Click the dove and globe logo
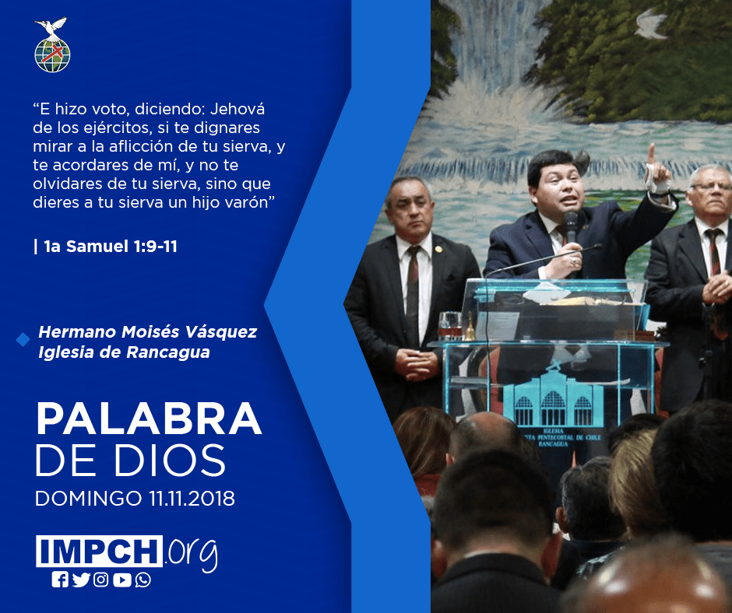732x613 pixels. tap(52, 45)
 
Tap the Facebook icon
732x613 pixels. tap(60, 580)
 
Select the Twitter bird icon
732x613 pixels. tap(81, 580)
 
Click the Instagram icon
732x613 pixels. tap(100, 580)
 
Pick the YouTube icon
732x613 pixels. tap(121, 580)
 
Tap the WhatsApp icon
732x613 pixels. tap(143, 580)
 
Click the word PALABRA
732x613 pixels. tap(149, 419)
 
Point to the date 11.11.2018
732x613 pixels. tap(192, 498)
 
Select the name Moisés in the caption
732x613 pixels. tap(150, 331)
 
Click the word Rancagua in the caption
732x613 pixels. tap(168, 352)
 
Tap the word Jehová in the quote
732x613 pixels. tap(238, 109)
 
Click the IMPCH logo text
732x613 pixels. tap(99, 551)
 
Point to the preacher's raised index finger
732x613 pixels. tap(651, 153)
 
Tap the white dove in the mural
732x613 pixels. tap(649, 24)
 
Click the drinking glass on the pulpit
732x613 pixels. tap(450, 325)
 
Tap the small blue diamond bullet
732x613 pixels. tap(23, 340)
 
